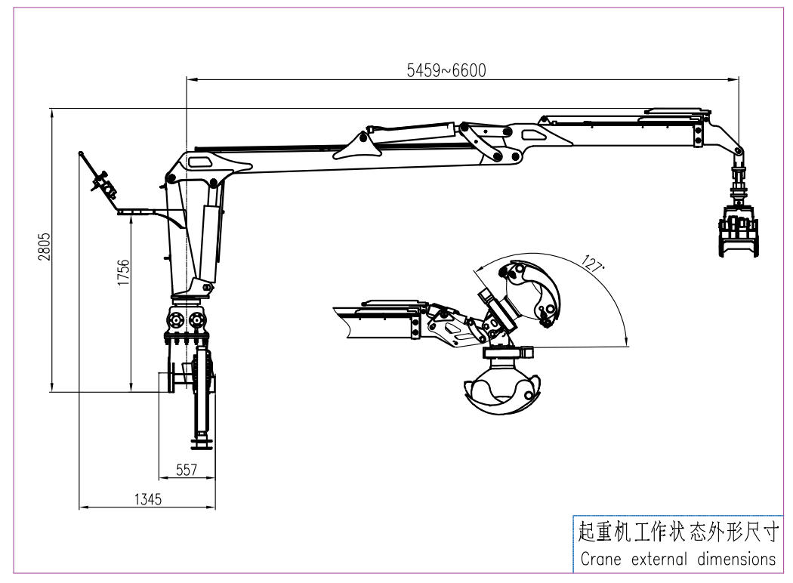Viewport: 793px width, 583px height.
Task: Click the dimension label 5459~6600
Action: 446,70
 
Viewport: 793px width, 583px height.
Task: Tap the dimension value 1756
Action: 124,273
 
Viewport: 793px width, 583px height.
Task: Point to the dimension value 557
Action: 186,470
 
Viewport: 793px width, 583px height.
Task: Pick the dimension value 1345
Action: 147,498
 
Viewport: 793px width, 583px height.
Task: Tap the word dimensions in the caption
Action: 733,560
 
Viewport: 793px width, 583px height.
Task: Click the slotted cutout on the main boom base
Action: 201,162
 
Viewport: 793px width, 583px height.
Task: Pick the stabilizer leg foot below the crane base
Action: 202,441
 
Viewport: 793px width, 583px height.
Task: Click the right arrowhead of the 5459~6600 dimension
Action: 736,79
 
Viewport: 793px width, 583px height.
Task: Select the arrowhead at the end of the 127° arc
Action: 628,343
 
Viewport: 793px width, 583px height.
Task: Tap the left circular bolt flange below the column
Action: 177,319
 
